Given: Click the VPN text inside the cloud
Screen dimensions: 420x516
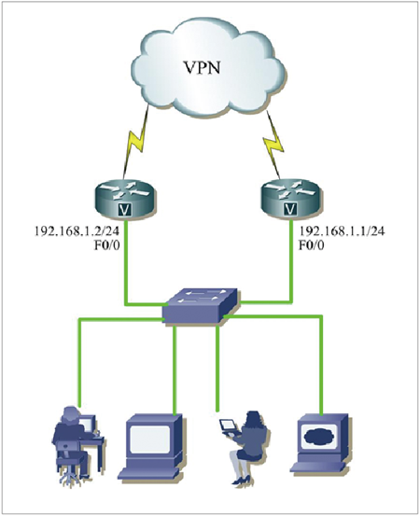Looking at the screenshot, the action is click(202, 68).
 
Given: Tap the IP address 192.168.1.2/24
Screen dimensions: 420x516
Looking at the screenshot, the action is click(77, 231).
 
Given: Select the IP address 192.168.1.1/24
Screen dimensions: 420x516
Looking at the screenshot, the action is click(342, 231).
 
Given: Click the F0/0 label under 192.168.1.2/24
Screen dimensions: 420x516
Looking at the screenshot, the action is click(106, 245).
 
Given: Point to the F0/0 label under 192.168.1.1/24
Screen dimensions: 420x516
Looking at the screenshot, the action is click(311, 245).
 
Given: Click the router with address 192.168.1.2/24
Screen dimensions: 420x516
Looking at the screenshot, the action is click(125, 199).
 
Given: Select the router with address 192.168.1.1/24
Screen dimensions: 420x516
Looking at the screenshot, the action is click(289, 199).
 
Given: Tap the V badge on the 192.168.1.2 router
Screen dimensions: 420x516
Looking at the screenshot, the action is click(124, 209).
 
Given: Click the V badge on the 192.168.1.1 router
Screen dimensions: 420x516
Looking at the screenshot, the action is click(289, 209).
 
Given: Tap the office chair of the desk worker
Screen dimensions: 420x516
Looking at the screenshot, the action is click(69, 464).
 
